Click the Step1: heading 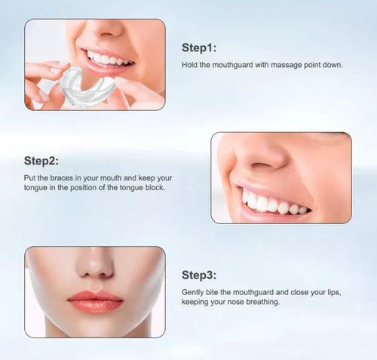199,48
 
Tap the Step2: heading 41,161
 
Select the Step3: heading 199,275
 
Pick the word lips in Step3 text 334,293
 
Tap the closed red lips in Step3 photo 96,301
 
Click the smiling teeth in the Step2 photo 273,204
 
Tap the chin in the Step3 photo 96,326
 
